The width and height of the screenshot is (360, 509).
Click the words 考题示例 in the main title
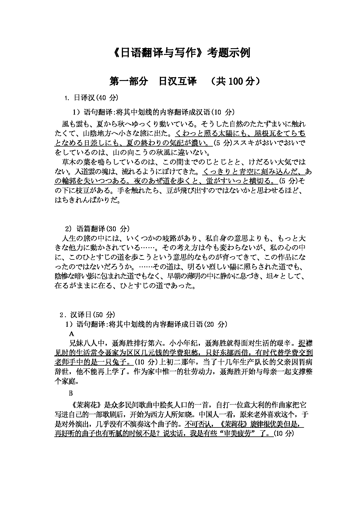[x=228, y=53]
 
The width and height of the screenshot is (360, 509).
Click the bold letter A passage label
[x=72, y=334]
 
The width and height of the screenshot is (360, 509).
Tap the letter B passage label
[x=70, y=393]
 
